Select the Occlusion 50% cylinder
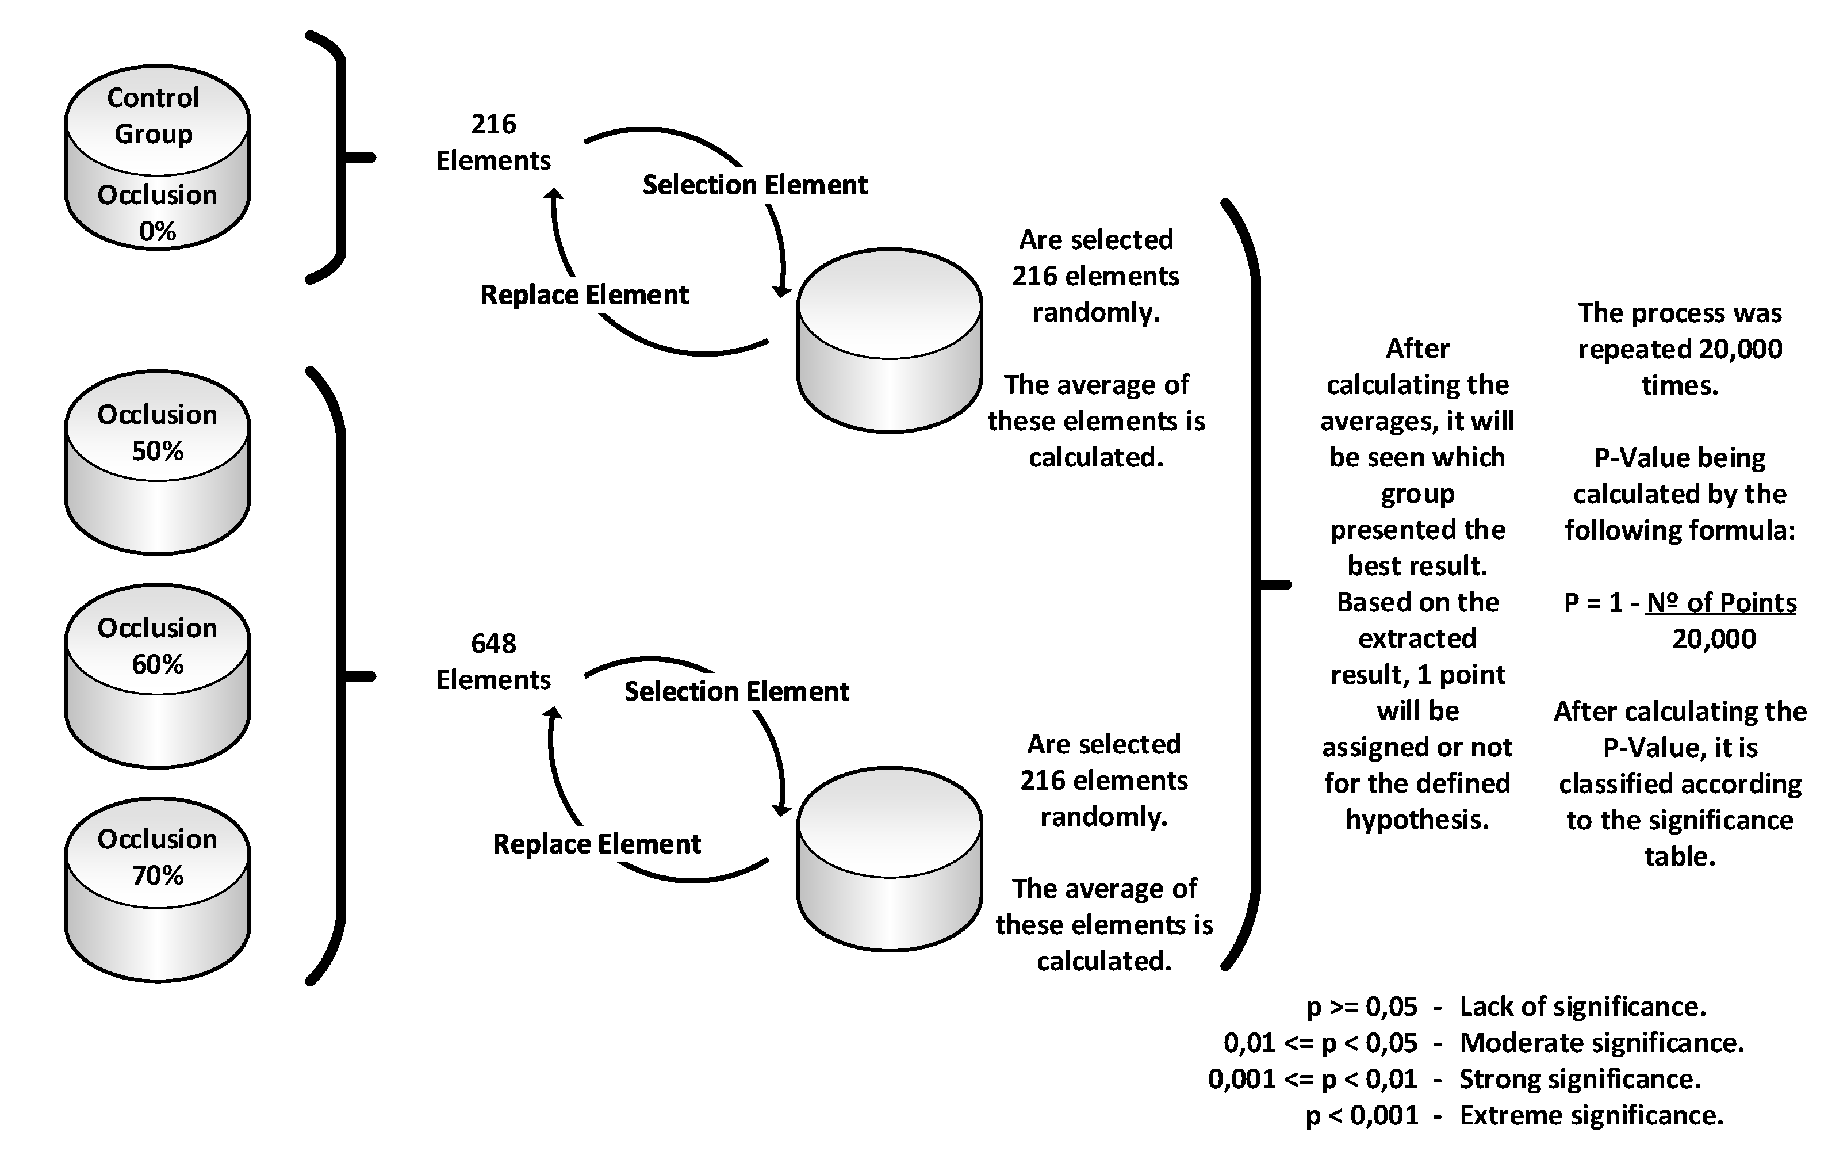click(x=157, y=463)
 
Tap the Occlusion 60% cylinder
click(x=157, y=676)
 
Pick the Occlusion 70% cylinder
click(x=157, y=890)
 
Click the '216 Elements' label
click(x=493, y=143)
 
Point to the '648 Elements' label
click(x=493, y=662)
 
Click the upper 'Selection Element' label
click(x=754, y=185)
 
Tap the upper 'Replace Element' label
click(x=585, y=295)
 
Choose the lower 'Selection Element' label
click(x=737, y=691)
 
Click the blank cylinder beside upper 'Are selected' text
click(x=889, y=341)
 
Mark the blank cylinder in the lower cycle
click(x=889, y=859)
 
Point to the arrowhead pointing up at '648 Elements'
click(x=554, y=712)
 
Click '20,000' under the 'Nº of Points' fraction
click(x=1714, y=639)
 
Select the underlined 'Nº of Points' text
click(x=1720, y=603)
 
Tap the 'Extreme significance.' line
click(x=1591, y=1115)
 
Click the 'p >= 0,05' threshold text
click(x=1361, y=1007)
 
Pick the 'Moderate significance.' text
click(x=1602, y=1043)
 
